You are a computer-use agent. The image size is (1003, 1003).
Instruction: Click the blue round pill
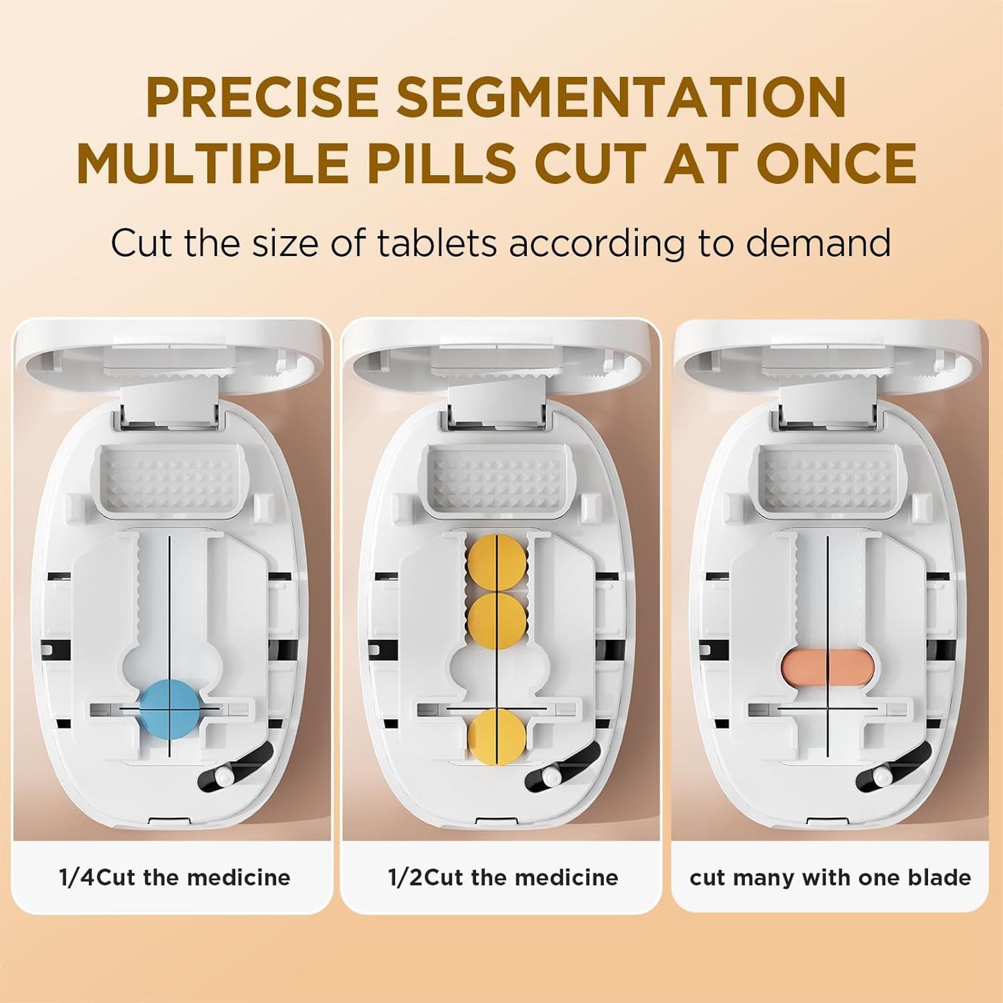click(170, 709)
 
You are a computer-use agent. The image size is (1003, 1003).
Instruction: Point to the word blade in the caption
click(940, 878)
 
